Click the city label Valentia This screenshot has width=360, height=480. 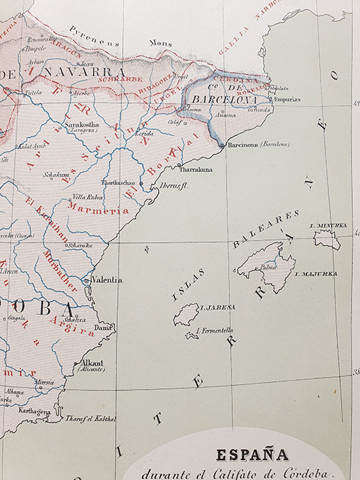(x=107, y=280)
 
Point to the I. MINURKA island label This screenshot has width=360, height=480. (x=328, y=225)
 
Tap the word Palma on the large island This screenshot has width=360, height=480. (x=268, y=268)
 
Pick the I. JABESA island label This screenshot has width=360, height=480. (x=218, y=308)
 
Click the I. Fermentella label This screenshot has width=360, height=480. (x=215, y=330)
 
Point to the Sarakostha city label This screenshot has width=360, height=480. (x=83, y=124)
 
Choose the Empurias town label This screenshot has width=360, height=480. (x=287, y=100)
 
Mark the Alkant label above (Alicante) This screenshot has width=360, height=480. (x=92, y=362)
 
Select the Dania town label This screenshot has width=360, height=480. (x=104, y=328)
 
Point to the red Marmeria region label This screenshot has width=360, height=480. (x=99, y=210)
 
